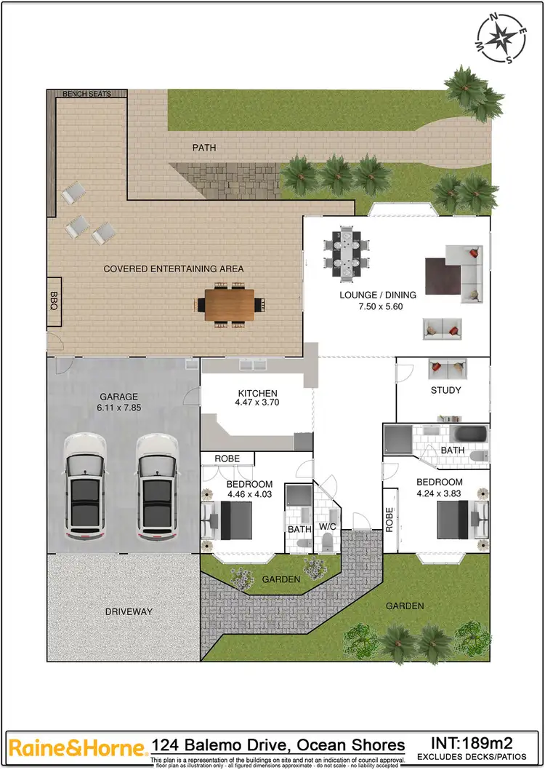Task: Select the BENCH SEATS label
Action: [86, 94]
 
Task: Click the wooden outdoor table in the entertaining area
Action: [230, 304]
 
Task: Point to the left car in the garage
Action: [86, 488]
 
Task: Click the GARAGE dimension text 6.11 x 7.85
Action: [119, 408]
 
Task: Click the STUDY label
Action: [445, 390]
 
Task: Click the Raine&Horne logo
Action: [75, 747]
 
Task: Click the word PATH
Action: [204, 148]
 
